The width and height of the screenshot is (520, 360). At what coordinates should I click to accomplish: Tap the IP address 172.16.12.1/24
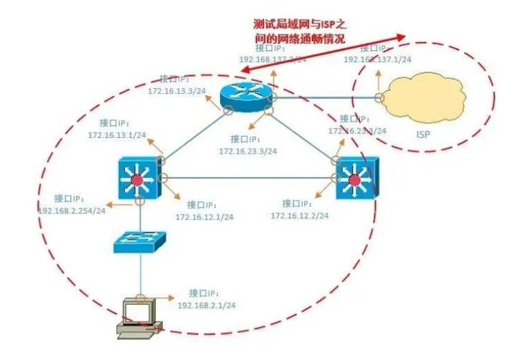[204, 217]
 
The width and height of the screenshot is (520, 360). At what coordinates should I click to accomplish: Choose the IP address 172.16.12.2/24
[299, 215]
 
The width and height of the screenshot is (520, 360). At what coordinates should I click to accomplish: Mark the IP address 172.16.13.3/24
[176, 90]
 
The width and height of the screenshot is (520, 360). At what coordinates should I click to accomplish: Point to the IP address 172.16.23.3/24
[248, 150]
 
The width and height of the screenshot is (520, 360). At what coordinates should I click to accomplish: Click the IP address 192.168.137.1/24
[377, 59]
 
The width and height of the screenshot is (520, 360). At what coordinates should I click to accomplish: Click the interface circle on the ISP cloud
[379, 97]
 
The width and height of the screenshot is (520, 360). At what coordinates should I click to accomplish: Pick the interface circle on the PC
[140, 299]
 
